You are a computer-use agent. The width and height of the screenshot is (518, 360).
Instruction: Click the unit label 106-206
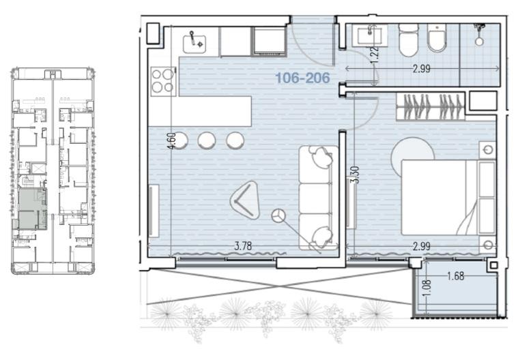pos(302,78)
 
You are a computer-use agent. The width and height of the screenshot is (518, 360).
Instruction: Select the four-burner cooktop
pos(163,81)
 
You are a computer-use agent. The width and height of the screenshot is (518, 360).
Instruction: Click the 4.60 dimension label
pos(172,141)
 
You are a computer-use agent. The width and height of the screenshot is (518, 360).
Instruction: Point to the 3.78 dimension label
pos(243,246)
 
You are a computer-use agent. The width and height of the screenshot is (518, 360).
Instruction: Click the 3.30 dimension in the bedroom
pos(355,175)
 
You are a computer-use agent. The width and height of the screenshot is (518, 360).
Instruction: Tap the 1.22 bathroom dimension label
pos(374,55)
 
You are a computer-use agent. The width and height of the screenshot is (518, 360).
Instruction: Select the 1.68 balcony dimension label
pos(456,276)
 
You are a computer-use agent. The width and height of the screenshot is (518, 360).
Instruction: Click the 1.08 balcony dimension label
pos(427,288)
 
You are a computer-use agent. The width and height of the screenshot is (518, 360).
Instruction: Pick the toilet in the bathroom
pos(408,40)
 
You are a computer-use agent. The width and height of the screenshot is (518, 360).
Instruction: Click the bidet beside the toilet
pos(437,38)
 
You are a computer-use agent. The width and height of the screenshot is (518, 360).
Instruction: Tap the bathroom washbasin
pos(370,36)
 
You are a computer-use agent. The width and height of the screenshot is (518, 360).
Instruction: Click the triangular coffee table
pos(245,200)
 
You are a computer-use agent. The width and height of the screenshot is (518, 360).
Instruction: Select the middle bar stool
pos(207,140)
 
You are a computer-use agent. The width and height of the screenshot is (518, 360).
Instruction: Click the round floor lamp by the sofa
pos(278,215)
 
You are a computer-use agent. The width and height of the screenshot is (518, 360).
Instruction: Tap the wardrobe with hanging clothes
pos(431,106)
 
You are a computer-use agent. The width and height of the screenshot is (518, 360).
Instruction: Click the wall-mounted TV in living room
pos(154,211)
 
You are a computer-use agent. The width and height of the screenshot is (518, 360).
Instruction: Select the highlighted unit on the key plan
pos(32,209)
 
